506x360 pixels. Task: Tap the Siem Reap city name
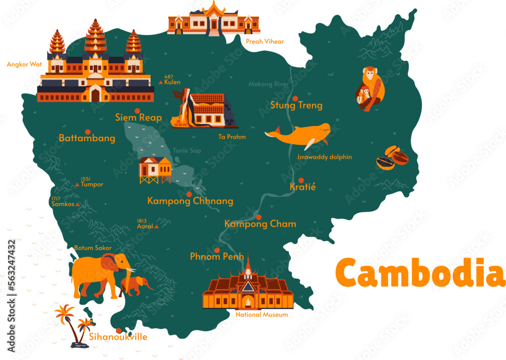click(138, 118)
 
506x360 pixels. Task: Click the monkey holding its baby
click(371, 90)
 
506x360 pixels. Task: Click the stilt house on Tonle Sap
click(155, 170)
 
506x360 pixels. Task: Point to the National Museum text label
click(262, 315)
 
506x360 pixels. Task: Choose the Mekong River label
click(268, 84)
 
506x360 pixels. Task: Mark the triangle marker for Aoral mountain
click(157, 227)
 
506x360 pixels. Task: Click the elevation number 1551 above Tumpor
click(86, 179)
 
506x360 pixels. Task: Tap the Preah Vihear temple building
click(214, 20)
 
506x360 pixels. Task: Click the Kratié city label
click(303, 187)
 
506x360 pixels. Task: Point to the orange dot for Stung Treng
click(294, 98)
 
